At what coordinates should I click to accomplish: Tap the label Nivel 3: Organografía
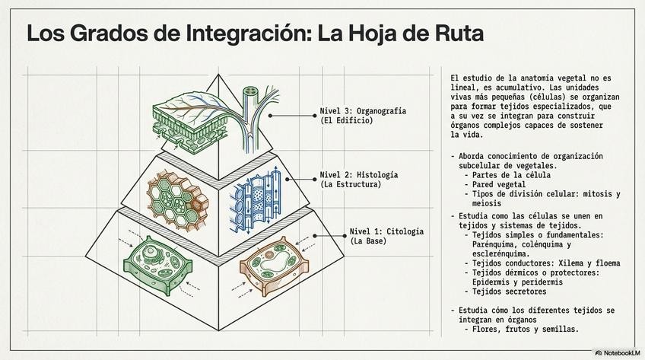point(363,111)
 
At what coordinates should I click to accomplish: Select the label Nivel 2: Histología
point(360,174)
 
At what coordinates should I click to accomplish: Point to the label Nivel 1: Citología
point(386,231)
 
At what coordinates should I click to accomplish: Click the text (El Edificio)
point(347,121)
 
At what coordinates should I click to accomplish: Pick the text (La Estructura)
point(350,184)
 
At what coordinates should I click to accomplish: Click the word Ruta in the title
point(455,34)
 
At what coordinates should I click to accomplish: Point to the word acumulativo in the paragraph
point(523,88)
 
